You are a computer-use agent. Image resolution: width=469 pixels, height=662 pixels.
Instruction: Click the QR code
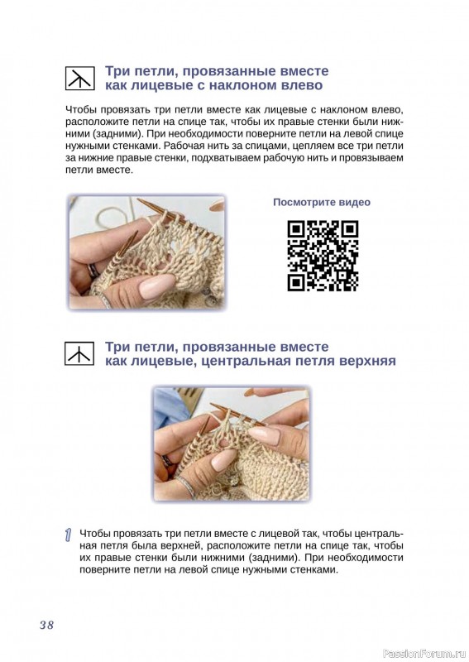tap(323, 256)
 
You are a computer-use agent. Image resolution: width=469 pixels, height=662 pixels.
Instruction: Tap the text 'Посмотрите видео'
tap(322, 202)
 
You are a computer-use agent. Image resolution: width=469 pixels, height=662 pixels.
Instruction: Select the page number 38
tap(47, 625)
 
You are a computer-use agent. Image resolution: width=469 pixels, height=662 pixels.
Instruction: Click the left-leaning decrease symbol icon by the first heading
tap(79, 78)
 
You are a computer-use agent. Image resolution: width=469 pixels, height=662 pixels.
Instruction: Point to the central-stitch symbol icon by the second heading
tap(79, 354)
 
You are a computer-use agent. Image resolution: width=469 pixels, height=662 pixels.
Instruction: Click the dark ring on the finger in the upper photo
tap(93, 271)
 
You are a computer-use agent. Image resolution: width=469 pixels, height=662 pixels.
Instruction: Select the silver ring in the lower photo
tap(186, 487)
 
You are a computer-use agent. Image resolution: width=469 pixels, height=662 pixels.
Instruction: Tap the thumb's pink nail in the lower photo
tap(223, 460)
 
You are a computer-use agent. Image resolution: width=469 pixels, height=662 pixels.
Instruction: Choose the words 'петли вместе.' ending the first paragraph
tap(99, 170)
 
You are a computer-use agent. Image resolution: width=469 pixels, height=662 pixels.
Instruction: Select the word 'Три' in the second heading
tap(115, 347)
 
